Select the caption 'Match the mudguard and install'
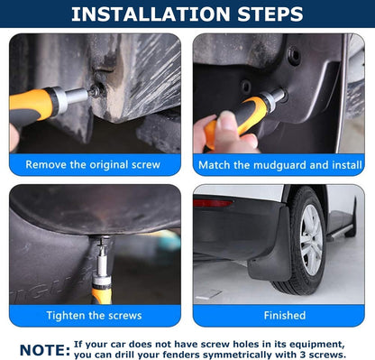pyautogui.click(x=278, y=165)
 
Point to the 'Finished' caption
pyautogui.click(x=284, y=316)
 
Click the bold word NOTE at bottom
pyautogui.click(x=44, y=349)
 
